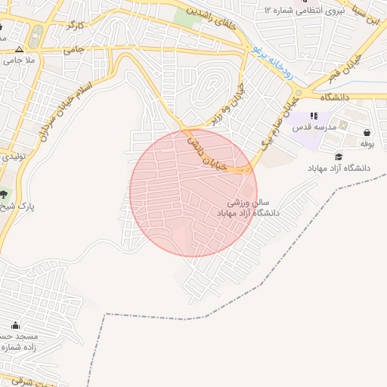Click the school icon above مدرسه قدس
click(314, 116)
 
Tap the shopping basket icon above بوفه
click(366, 132)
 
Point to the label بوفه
click(367, 144)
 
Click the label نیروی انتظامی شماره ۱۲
click(305, 10)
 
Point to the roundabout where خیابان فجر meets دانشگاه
click(299, 94)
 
